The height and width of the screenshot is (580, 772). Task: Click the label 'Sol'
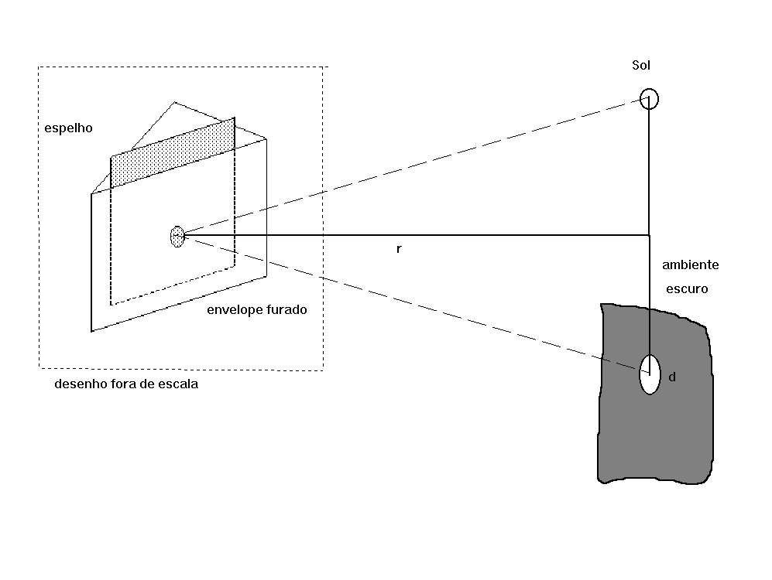coord(641,66)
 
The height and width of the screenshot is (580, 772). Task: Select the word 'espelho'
coord(68,128)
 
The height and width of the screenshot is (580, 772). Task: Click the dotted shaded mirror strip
coord(173,152)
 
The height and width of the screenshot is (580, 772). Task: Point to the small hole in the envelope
coord(177,237)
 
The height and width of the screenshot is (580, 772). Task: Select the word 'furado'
coord(286,309)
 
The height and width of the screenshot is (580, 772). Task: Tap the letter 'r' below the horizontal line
coord(399,249)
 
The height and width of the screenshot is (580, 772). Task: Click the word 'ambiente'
coord(690,265)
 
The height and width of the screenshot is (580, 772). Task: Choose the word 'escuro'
coord(687,289)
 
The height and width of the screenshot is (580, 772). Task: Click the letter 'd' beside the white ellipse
coord(672,377)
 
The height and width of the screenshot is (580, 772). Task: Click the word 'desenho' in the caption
coord(78,384)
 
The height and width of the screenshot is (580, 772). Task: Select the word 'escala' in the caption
coord(178,384)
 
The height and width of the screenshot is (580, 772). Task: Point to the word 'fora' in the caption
coord(121,384)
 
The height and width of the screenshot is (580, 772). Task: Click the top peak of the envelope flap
coord(174,102)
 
